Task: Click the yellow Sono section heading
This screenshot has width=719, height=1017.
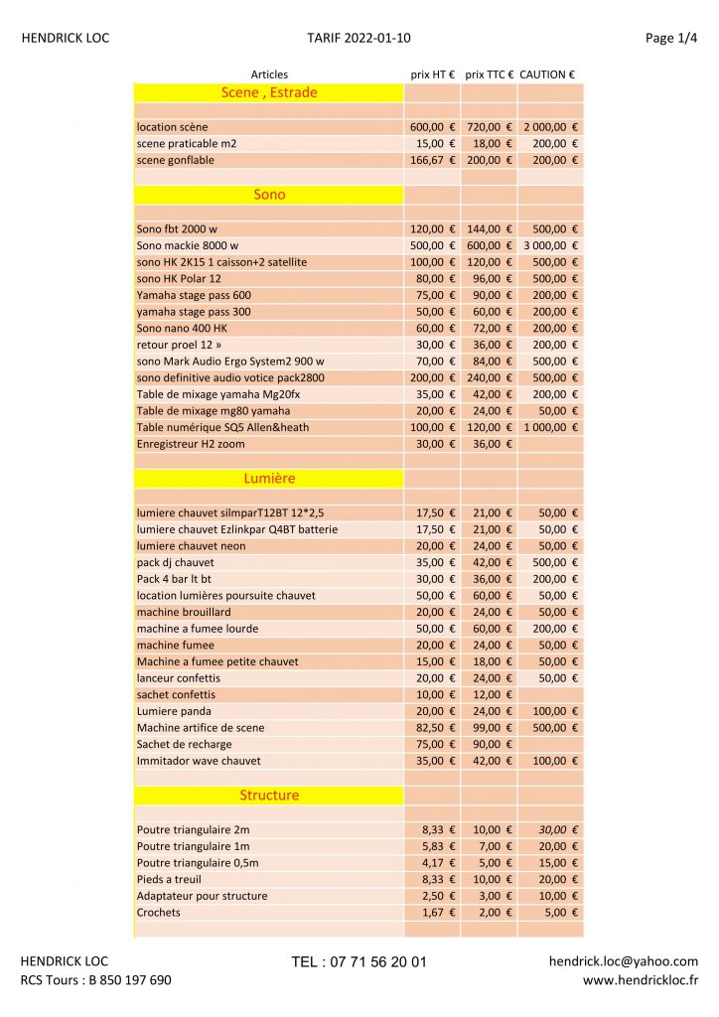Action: pyautogui.click(x=269, y=195)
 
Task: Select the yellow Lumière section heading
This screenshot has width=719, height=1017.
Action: pyautogui.click(x=269, y=479)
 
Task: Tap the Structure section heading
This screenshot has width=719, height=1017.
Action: pyautogui.click(x=269, y=796)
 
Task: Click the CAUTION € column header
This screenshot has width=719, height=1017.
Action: pyautogui.click(x=547, y=74)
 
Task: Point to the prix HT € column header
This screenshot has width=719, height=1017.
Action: pyautogui.click(x=433, y=74)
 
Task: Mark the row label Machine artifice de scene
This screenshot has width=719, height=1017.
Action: pyautogui.click(x=201, y=728)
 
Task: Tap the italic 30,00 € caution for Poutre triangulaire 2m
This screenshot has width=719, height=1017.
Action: pyautogui.click(x=558, y=830)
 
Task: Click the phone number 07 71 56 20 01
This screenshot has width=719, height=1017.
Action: pyautogui.click(x=359, y=962)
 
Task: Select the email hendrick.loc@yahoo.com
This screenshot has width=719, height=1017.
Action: pyautogui.click(x=623, y=961)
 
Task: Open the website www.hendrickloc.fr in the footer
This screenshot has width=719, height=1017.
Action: pyautogui.click(x=640, y=980)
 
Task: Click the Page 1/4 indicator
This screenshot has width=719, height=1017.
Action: pyautogui.click(x=671, y=39)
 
